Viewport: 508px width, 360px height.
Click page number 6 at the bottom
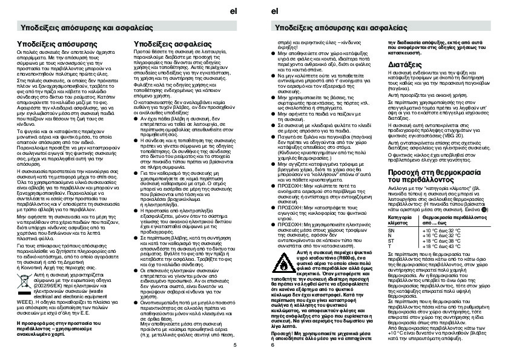click(274, 345)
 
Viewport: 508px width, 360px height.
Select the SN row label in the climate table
click(391, 231)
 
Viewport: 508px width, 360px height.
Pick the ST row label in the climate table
click(391, 241)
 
